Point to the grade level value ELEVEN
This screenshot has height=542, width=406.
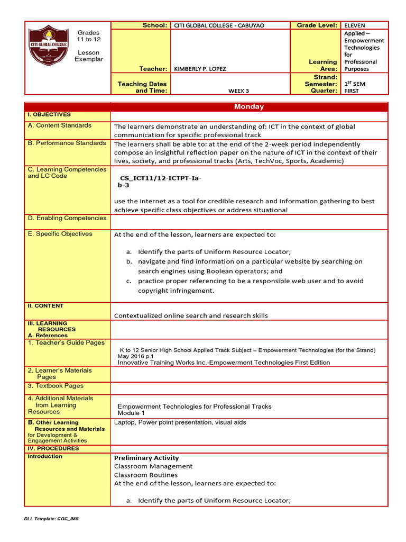tap(355, 25)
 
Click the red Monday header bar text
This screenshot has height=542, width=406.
tap(249, 106)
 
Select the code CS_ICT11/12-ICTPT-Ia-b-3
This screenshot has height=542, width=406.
tap(160, 182)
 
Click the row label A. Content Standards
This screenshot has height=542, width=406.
tap(59, 125)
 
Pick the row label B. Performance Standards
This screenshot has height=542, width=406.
tap(67, 143)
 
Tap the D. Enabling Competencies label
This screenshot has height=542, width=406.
tap(67, 218)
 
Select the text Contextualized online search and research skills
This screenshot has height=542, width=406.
tap(191, 315)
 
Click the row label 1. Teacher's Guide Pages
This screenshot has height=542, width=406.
tap(66, 343)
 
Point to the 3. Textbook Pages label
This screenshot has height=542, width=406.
tap(56, 386)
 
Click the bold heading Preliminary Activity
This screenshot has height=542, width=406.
tap(146, 458)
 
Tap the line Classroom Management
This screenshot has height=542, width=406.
tap(153, 466)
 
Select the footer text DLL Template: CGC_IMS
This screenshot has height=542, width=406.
tap(51, 519)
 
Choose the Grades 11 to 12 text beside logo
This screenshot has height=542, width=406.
tap(88, 36)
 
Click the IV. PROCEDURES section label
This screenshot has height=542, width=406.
tap(53, 448)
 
